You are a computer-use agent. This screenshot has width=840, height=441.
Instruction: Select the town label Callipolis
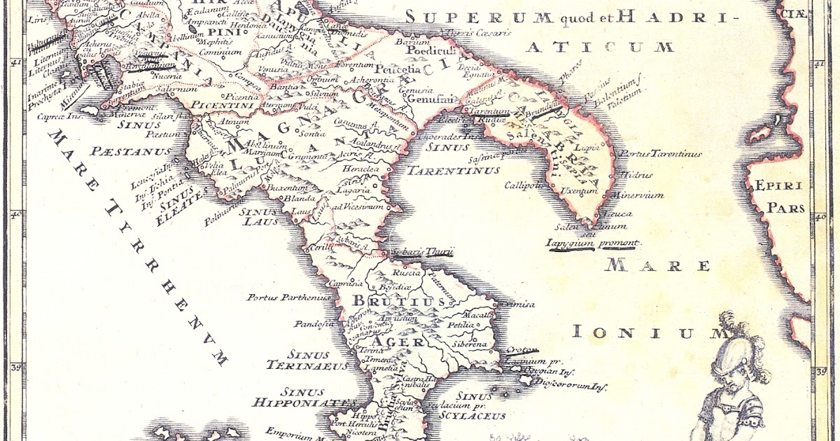pyautogui.click(x=526, y=185)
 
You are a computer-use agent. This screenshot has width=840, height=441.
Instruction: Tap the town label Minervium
pyautogui.click(x=636, y=195)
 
